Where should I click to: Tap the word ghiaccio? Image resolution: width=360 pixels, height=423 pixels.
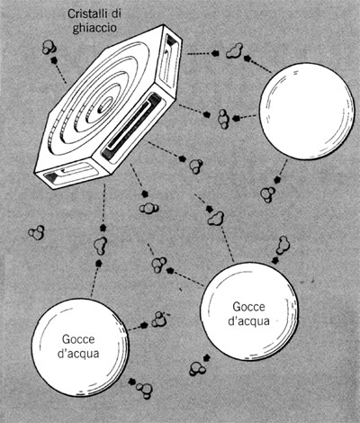pyautogui.click(x=94, y=28)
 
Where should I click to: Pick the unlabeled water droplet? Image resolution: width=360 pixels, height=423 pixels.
pyautogui.click(x=307, y=111)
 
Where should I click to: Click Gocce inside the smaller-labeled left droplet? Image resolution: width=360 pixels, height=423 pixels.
pyautogui.click(x=78, y=339)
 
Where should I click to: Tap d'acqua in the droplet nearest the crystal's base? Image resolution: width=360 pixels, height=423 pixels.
pyautogui.click(x=78, y=354)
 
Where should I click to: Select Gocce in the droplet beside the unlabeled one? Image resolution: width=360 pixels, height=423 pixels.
pyautogui.click(x=249, y=307)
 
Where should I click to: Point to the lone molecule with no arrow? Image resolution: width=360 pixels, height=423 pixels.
pyautogui.click(x=37, y=232)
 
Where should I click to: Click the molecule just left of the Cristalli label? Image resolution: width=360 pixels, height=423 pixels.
pyautogui.click(x=49, y=47)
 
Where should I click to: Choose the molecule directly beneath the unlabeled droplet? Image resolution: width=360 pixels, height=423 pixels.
pyautogui.click(x=267, y=193)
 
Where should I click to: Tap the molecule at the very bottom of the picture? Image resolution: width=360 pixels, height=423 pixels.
pyautogui.click(x=145, y=390)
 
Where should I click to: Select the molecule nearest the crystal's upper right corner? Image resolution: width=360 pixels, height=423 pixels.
pyautogui.click(x=234, y=51)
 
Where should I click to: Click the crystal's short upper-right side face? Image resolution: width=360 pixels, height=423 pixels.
pyautogui.click(x=170, y=61)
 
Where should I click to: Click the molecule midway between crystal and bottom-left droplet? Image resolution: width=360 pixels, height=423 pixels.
pyautogui.click(x=101, y=246)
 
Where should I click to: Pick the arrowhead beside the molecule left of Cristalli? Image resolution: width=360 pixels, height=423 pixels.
pyautogui.click(x=54, y=59)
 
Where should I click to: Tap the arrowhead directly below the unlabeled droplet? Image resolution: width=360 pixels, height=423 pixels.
pyautogui.click(x=277, y=180)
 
